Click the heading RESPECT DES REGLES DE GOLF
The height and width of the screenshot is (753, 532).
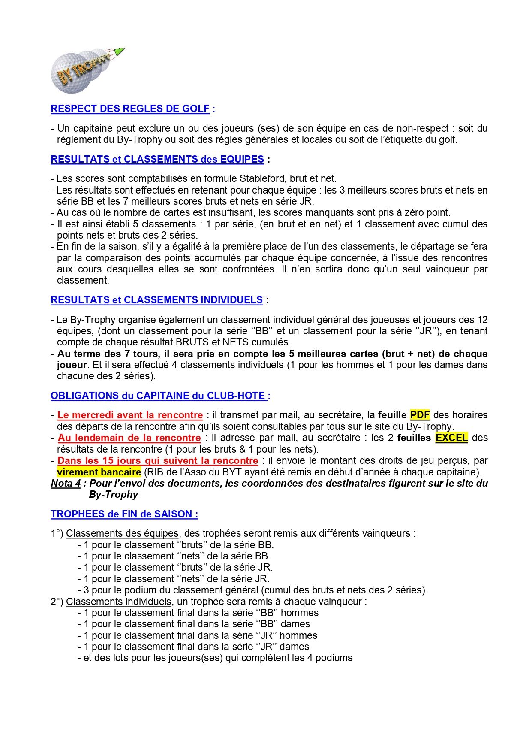pos(130,109)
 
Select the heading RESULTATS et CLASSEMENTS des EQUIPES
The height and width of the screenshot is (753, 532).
pos(157,160)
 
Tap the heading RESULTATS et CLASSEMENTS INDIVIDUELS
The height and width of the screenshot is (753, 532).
pos(156,300)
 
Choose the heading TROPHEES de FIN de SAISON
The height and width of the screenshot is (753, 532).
pos(124,514)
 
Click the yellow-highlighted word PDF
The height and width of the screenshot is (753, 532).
pos(420,415)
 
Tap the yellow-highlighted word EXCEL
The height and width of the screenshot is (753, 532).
pos(451,438)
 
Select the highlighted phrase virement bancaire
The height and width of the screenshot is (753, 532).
pos(99,472)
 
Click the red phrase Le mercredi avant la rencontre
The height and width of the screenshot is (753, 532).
pos(130,415)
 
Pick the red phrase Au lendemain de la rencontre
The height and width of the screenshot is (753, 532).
pos(129,438)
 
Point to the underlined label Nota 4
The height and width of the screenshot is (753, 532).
pos(66,484)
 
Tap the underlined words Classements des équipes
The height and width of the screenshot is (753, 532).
pos(122,534)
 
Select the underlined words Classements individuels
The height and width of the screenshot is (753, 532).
pos(119,602)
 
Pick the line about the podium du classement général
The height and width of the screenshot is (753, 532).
pos(252,590)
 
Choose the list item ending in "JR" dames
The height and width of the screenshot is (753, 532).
pos(193,647)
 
